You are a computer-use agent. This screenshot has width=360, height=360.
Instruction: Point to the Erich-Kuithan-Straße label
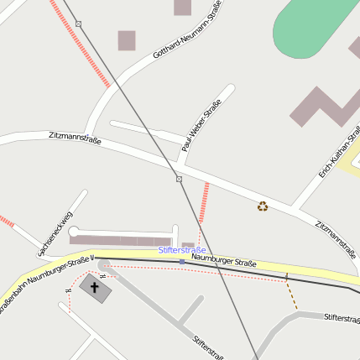(339, 152)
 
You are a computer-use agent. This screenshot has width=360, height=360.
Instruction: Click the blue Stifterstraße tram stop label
(182, 250)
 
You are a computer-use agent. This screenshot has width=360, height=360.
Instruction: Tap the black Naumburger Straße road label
(223, 262)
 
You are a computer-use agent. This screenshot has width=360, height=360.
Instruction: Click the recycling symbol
(263, 206)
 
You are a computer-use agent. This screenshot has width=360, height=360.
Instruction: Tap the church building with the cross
(95, 290)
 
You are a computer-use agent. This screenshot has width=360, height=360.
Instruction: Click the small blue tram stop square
(182, 261)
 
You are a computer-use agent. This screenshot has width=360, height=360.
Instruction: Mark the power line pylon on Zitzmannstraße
(179, 179)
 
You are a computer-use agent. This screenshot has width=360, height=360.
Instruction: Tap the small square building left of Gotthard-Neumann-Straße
(127, 40)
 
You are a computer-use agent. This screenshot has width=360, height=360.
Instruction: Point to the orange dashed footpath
(291, 295)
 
